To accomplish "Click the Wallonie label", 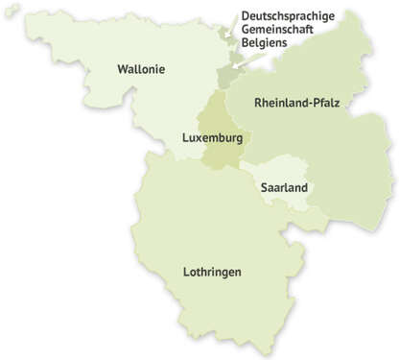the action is click(x=141, y=69).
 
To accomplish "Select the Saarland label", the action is click(x=284, y=187).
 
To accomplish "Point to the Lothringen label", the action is click(x=211, y=273).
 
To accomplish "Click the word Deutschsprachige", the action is click(x=287, y=16).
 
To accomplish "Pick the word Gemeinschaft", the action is click(x=276, y=30).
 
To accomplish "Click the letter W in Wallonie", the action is click(x=122, y=69).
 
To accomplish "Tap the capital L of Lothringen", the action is click(x=186, y=273).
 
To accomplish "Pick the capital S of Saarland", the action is click(x=265, y=187).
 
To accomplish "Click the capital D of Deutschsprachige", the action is click(x=246, y=16).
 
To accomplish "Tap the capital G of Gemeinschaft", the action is click(x=246, y=30).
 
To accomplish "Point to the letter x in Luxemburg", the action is click(x=198, y=138).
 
